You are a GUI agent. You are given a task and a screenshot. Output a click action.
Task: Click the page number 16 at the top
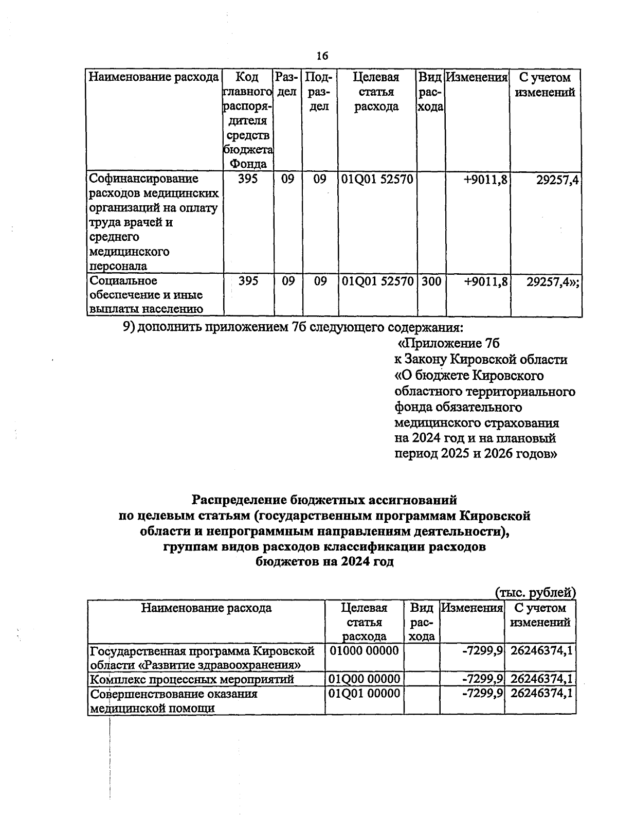pos(322,56)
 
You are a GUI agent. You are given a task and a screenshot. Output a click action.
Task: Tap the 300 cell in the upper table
pos(431,281)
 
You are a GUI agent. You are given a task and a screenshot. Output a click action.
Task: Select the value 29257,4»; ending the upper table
pos(553,281)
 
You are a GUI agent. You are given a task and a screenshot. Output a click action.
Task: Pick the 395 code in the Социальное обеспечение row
pos(248,281)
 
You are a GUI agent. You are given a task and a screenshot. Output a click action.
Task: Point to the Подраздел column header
pos(319,92)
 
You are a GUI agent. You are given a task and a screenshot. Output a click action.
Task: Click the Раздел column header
pos(287,84)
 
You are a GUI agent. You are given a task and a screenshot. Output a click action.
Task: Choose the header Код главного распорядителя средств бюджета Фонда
pos(248,120)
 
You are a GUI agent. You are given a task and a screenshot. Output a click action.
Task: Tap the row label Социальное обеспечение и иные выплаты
pos(146,295)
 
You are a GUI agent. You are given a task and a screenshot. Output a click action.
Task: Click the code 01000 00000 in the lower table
pos(364,650)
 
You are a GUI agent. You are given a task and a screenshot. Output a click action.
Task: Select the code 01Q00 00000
pos(364,679)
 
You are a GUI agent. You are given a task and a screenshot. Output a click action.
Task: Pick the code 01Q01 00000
pos(364,694)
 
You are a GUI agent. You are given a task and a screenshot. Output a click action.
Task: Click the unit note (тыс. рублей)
pos(535,592)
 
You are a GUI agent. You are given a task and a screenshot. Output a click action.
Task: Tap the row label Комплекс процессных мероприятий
pos(192,679)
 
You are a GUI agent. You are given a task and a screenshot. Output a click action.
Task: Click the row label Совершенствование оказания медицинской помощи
pos(173,701)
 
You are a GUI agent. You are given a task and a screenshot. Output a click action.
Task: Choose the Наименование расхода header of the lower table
pos(206,608)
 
